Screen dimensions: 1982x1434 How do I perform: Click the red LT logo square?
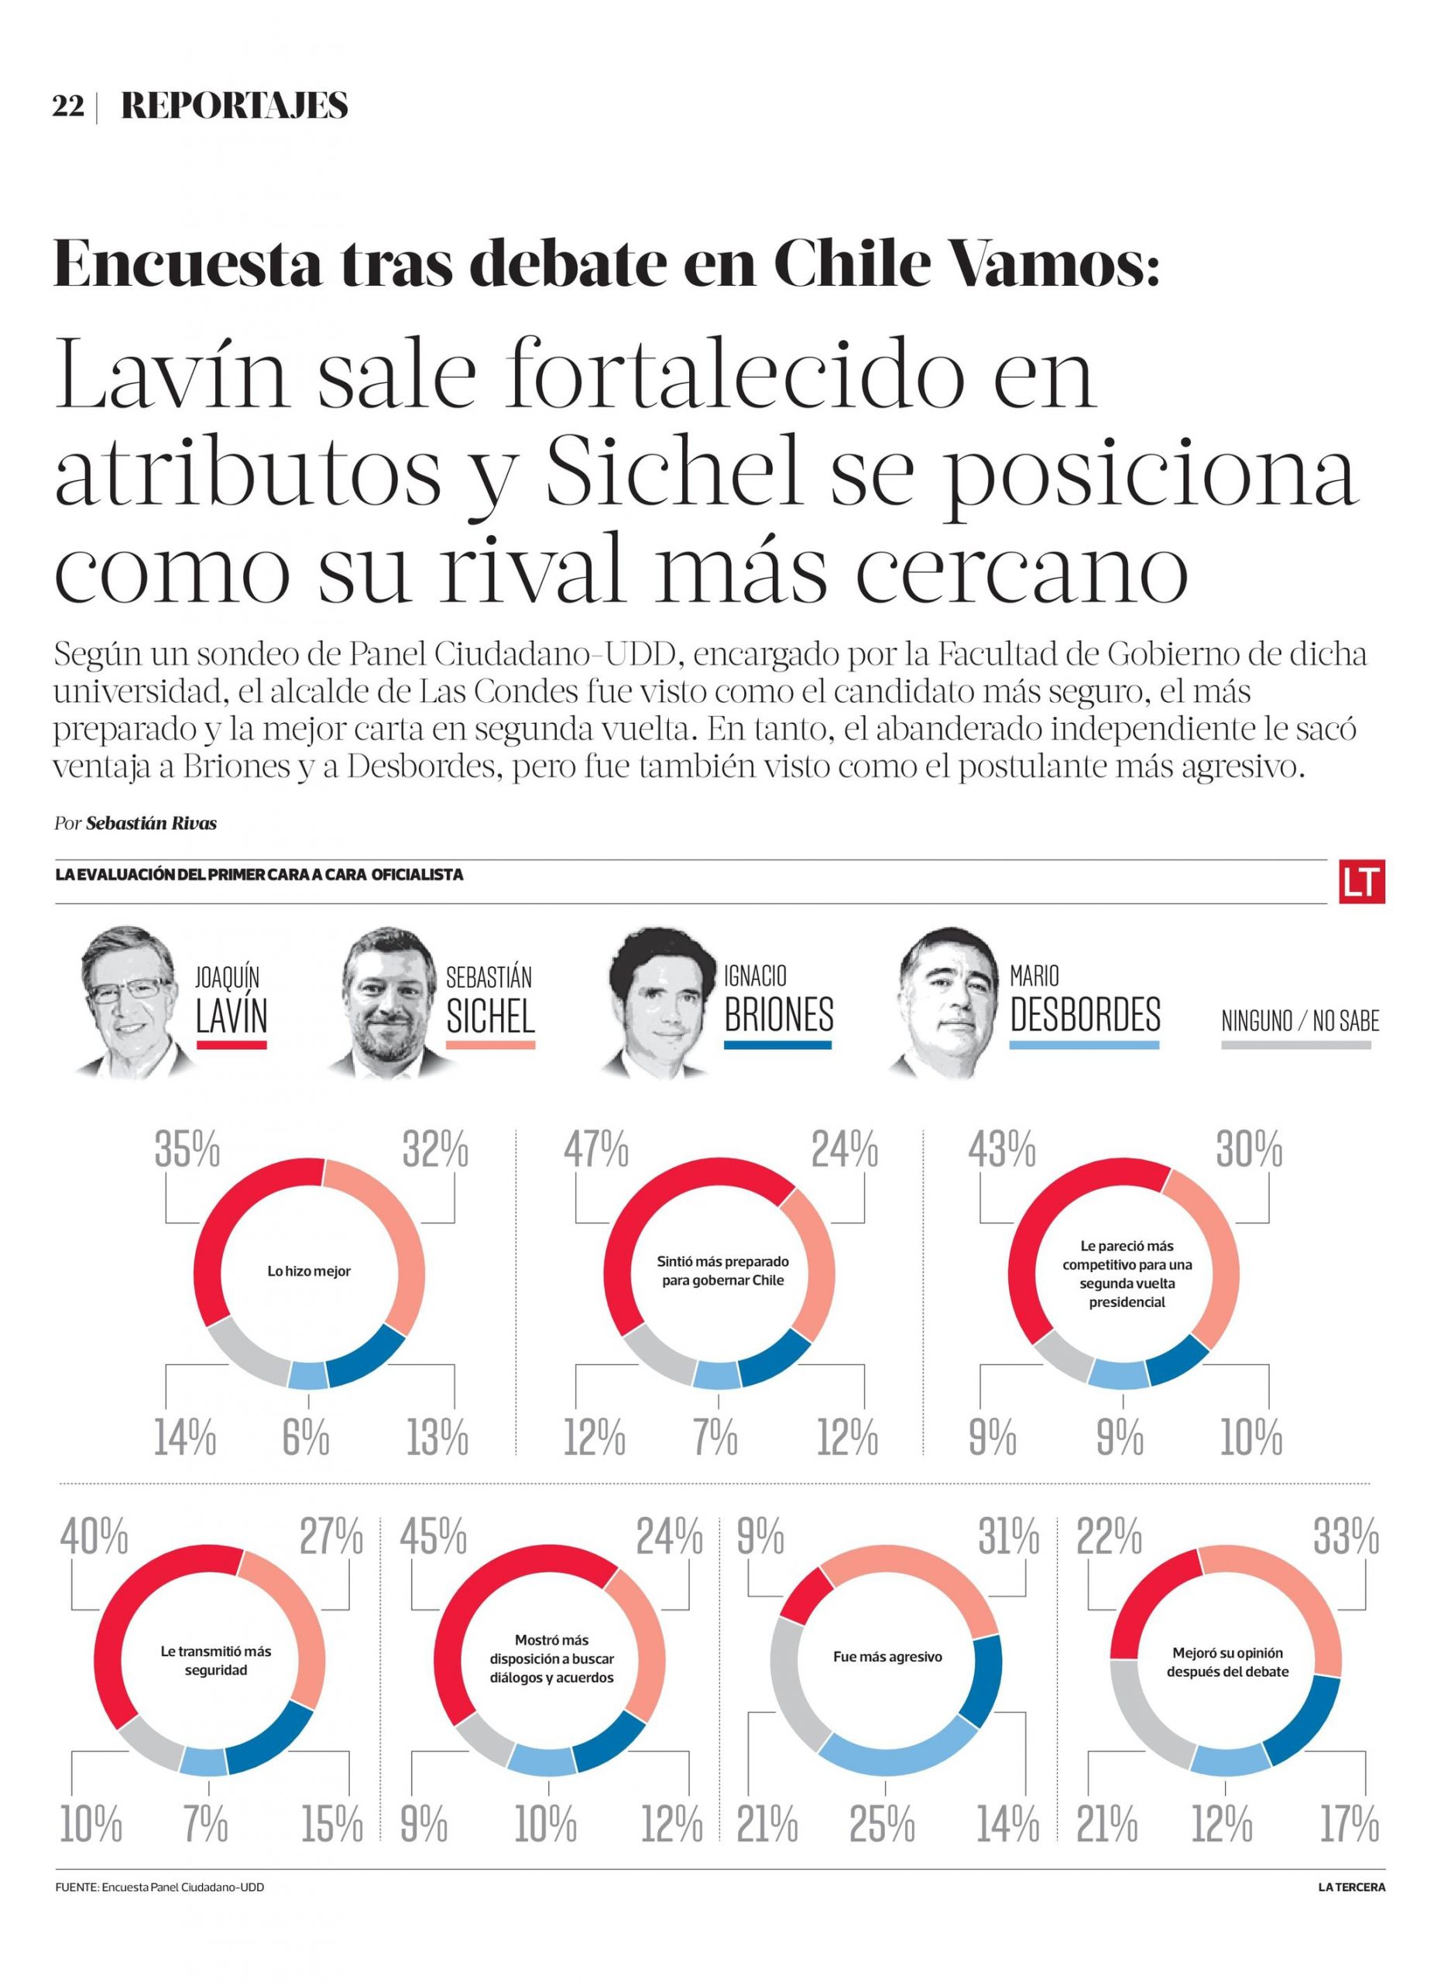(1360, 881)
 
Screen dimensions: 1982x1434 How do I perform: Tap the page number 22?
(68, 107)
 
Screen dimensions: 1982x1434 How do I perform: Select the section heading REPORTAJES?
(234, 106)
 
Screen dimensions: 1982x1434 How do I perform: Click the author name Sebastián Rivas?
(151, 823)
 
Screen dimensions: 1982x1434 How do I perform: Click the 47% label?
(595, 1150)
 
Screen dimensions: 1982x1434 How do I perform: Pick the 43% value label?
(1000, 1150)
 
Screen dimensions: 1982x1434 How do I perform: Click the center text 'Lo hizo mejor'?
(308, 1271)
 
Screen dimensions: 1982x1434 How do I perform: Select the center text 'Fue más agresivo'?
(887, 1657)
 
